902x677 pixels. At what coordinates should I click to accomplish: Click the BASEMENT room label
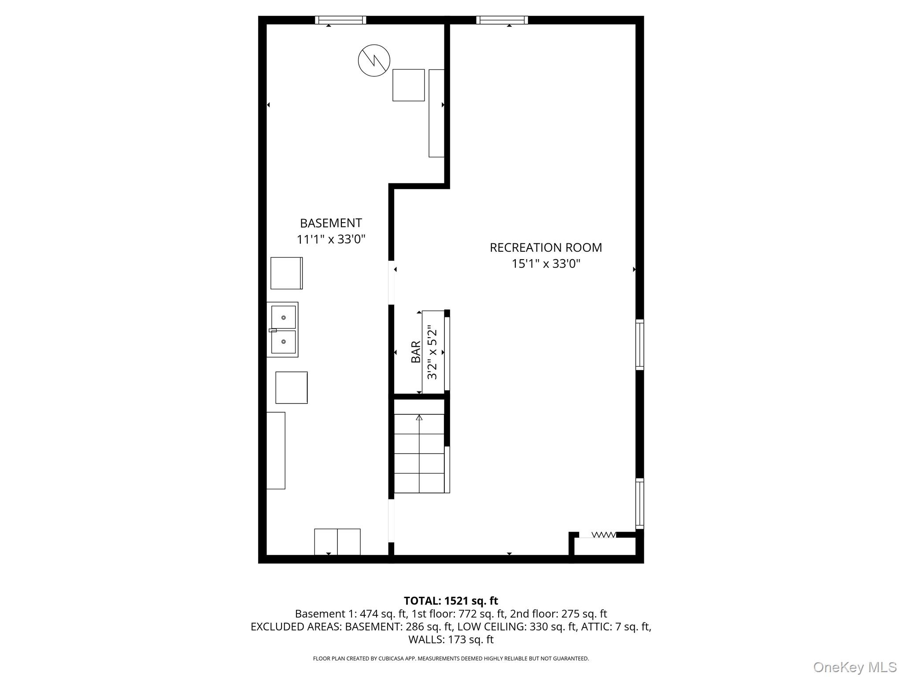(331, 223)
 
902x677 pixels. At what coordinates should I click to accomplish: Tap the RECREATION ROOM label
(546, 248)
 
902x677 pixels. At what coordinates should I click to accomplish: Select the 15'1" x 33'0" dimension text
(546, 264)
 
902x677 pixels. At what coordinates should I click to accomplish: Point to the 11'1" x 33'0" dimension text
(331, 239)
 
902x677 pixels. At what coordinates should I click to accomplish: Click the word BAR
(416, 352)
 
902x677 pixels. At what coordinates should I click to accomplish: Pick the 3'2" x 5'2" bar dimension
(432, 353)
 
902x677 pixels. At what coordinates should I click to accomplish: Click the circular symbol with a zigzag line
(374, 60)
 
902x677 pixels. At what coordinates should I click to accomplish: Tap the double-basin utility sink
(283, 330)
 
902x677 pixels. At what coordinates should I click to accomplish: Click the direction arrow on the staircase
(419, 417)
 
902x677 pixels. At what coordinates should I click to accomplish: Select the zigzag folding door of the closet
(603, 535)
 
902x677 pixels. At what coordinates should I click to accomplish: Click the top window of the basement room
(340, 20)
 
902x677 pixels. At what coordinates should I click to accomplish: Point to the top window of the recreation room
(502, 20)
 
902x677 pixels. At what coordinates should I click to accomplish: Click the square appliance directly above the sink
(286, 273)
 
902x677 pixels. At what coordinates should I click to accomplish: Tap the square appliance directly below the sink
(291, 387)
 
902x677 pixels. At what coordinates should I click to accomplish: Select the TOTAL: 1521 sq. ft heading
(451, 601)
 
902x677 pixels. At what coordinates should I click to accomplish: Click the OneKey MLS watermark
(854, 667)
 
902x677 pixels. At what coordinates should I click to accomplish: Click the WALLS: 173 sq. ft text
(451, 640)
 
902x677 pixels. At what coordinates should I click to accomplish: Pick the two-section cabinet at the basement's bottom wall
(337, 542)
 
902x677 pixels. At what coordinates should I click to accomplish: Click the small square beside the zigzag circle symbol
(408, 85)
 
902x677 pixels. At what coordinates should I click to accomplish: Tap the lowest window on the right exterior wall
(640, 503)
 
